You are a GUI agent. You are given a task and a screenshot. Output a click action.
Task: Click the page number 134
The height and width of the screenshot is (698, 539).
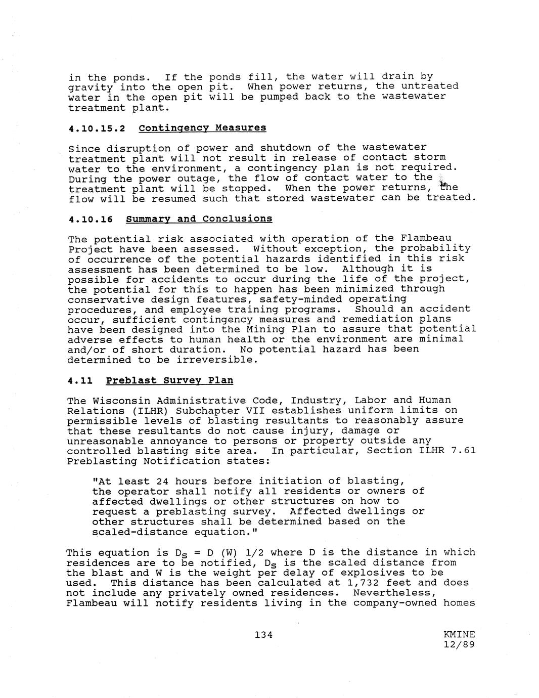point(264,634)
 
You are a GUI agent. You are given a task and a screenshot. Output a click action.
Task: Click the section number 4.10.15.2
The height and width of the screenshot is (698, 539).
point(97,128)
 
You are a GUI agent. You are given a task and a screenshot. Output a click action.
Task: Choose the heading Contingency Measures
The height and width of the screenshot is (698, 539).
point(202,128)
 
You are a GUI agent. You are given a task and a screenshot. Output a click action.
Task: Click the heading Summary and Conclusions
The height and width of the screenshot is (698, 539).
point(199,219)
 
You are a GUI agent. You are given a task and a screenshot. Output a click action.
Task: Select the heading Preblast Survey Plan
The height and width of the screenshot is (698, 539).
point(169,380)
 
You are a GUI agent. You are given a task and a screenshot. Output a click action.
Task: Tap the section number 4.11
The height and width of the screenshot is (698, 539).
point(80,380)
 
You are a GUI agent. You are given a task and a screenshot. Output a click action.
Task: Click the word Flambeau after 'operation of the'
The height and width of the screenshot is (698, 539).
point(426,238)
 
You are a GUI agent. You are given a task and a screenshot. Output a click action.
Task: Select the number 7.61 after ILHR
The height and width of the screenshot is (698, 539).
point(463,451)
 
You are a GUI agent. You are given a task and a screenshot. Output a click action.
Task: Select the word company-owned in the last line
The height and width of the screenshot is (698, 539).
point(395,603)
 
